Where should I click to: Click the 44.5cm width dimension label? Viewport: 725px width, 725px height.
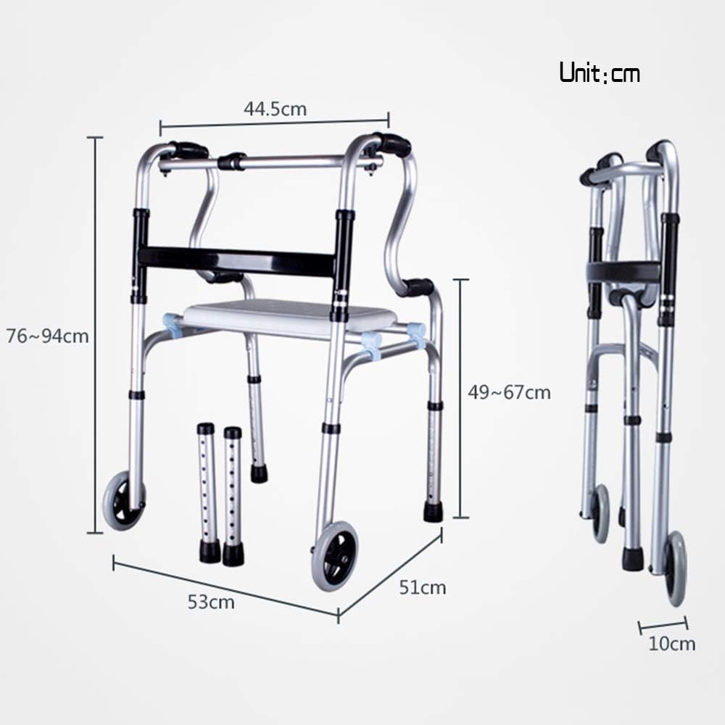click(x=275, y=109)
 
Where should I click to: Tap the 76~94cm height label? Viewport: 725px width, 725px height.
click(x=47, y=336)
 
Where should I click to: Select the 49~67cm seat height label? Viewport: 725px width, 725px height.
click(x=509, y=392)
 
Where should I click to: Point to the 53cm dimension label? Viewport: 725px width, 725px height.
click(x=211, y=602)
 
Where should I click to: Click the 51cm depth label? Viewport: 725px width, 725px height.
click(x=423, y=588)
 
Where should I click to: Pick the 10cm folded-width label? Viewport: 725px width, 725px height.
click(x=672, y=644)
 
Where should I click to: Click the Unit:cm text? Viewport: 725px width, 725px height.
click(x=600, y=73)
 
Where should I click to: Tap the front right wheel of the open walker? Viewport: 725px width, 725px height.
click(x=335, y=555)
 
